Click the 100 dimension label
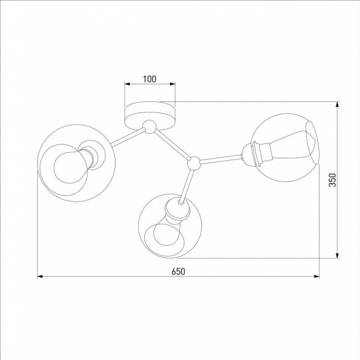coord(150,79)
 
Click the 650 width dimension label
coord(178,271)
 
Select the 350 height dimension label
coord(332,180)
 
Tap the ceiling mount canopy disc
coord(149,114)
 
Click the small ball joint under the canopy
coord(149,128)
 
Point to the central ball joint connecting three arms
coord(193,163)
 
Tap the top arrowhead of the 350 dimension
coord(337,106)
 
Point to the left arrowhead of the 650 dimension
coord(42,277)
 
